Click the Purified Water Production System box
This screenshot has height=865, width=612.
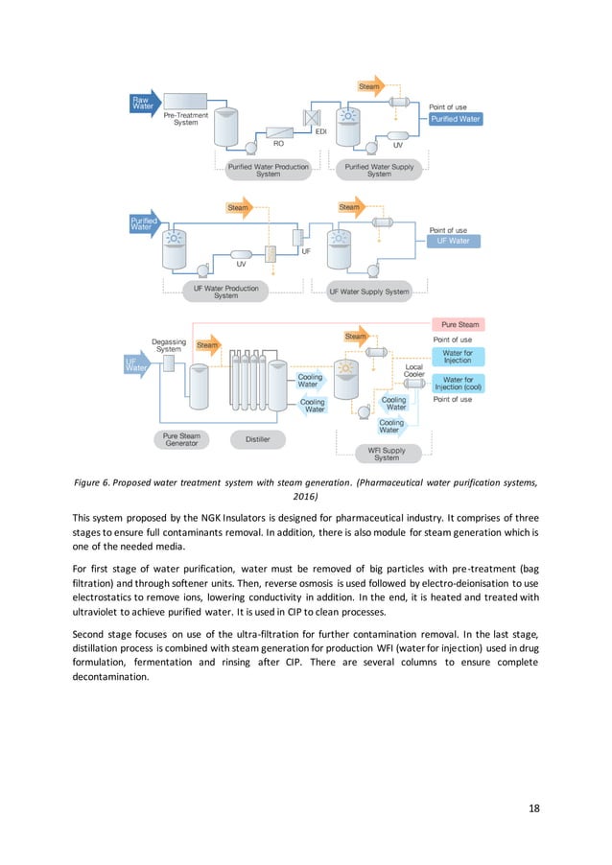(269, 170)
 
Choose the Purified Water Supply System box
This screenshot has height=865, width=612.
(379, 170)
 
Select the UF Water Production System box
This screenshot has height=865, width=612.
(225, 291)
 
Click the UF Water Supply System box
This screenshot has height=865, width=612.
(368, 292)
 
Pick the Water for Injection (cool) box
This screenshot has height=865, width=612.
(459, 384)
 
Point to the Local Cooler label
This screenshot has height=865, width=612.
(414, 371)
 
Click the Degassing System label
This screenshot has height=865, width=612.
(169, 344)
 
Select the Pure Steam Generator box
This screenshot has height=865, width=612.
(182, 440)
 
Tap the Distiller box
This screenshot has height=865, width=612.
(258, 439)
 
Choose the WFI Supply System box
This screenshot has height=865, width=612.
(387, 454)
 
